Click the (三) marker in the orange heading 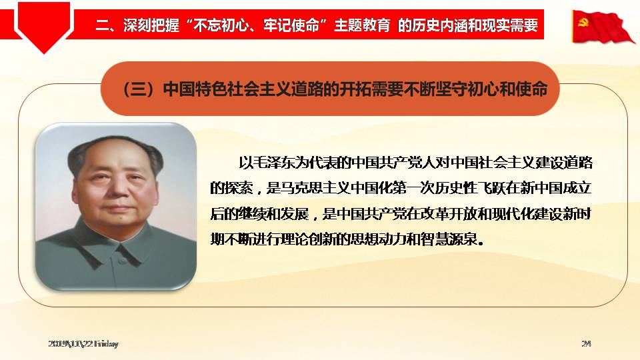pos(139,89)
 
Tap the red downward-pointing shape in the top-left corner pos(44,27)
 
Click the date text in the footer pos(83,344)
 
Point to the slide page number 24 pos(586,344)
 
